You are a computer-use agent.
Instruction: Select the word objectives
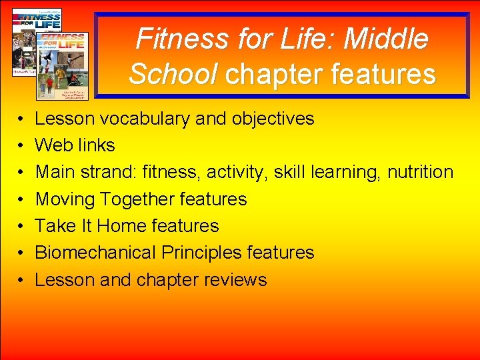[x=273, y=119]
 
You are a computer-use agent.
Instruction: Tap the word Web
[x=53, y=145]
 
